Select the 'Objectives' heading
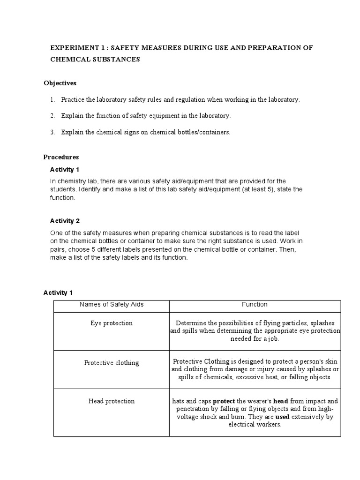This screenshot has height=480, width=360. tap(60, 83)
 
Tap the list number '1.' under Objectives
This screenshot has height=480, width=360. tap(52, 100)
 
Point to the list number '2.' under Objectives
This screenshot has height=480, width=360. tap(52, 115)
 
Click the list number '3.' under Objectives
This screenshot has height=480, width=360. tap(52, 132)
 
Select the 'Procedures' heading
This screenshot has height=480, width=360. tap(61, 157)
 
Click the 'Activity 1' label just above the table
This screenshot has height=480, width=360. tap(58, 293)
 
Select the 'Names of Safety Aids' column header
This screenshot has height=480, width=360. tap(112, 305)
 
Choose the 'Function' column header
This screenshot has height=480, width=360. tap(255, 305)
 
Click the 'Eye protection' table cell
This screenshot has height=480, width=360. tap(112, 323)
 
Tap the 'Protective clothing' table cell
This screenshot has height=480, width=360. tap(112, 363)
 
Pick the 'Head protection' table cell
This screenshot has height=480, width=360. tap(112, 401)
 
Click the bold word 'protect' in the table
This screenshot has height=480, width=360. tap(224, 401)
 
